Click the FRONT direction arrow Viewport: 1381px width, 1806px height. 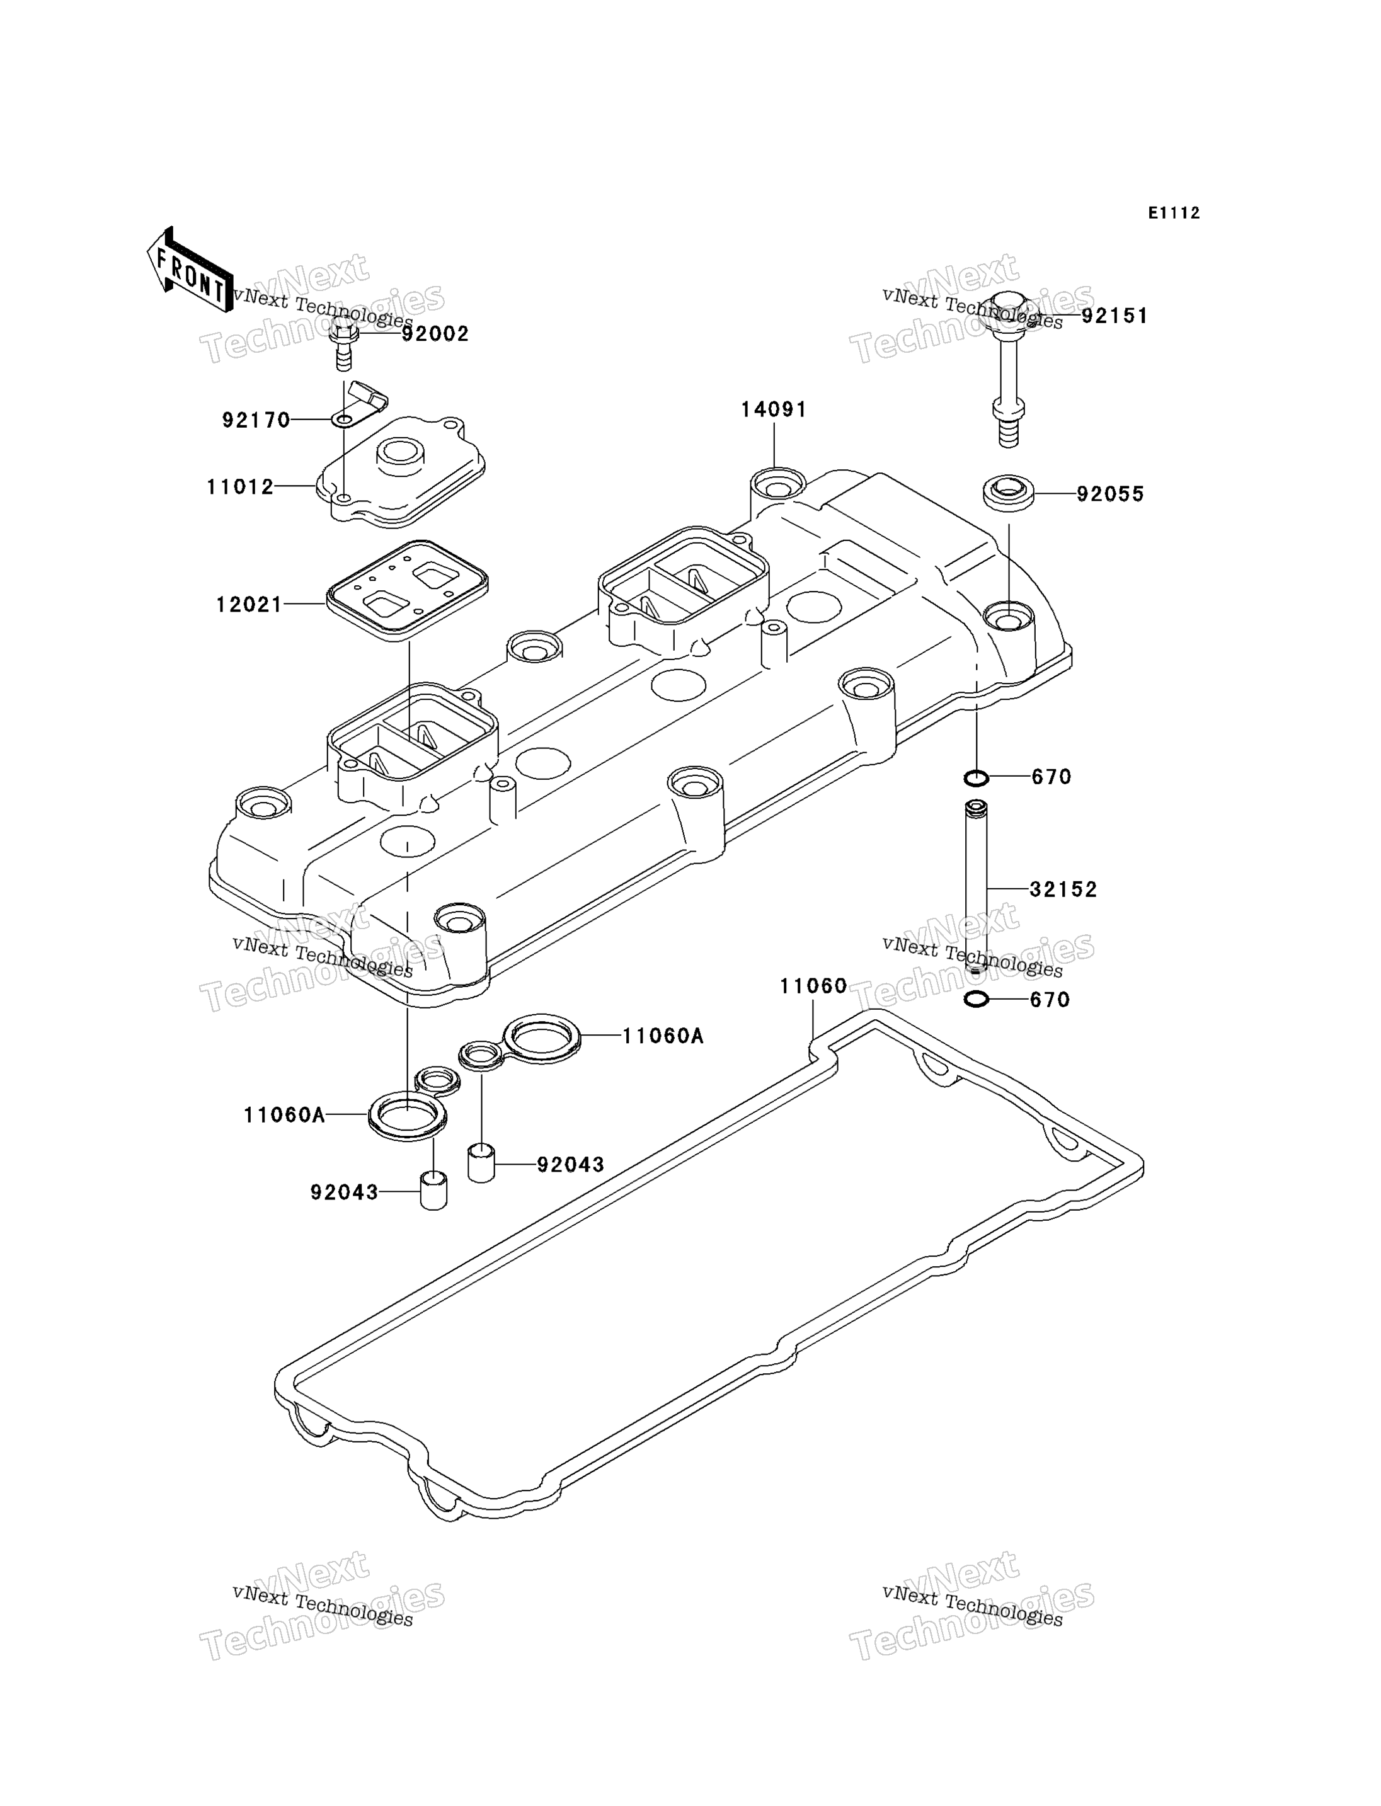pos(188,270)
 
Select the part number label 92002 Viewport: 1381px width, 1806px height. pos(435,334)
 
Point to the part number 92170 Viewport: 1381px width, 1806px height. pos(256,421)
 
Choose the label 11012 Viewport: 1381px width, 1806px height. pos(240,488)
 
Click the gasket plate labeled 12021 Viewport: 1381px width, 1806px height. pos(408,590)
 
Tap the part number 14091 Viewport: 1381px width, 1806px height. pos(774,409)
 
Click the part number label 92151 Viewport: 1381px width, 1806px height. pos(1114,316)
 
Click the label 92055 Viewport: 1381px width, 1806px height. pos(1111,495)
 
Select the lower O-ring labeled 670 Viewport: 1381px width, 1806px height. pos(976,1000)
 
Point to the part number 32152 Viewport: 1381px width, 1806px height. pos(1063,889)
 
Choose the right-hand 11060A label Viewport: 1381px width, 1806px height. pos(663,1037)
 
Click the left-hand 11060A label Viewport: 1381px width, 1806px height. pos(284,1116)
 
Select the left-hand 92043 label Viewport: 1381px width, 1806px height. pos(345,1192)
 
